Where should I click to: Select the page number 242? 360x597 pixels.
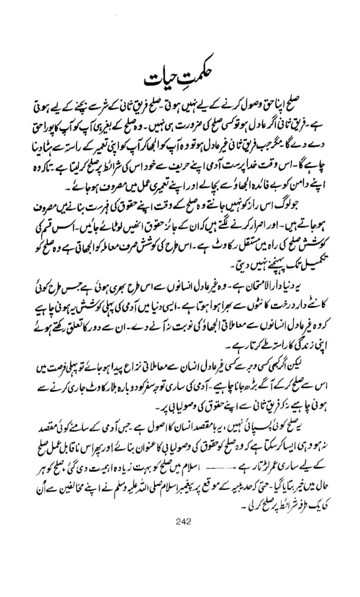click(182, 521)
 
